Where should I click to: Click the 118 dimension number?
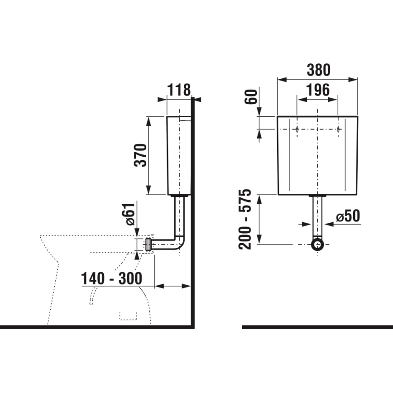(x=179, y=90)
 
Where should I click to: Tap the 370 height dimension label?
(x=141, y=155)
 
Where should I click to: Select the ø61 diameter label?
(x=129, y=214)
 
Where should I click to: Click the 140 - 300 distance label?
(x=111, y=278)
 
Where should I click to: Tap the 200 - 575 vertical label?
(x=245, y=219)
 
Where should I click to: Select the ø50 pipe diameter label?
(x=348, y=216)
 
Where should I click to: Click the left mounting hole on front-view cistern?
(x=296, y=130)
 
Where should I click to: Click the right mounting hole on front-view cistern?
(x=338, y=130)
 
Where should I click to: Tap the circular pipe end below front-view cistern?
(x=318, y=244)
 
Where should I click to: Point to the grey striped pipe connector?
(x=148, y=244)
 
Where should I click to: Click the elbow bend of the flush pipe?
(x=179, y=244)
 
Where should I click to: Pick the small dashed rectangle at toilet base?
(x=128, y=315)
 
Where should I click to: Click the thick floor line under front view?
(x=317, y=326)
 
